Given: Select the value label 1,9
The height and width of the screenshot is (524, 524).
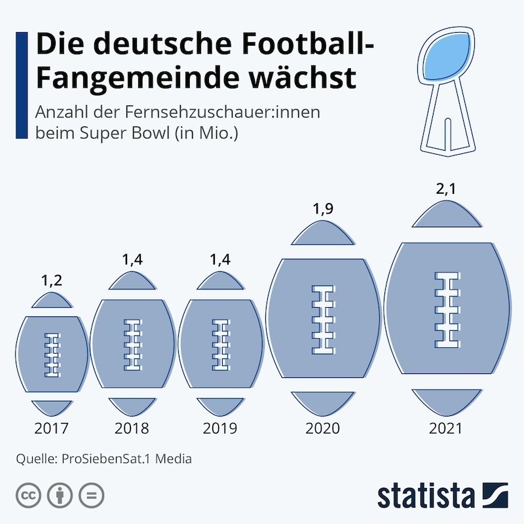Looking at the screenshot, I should (x=322, y=210).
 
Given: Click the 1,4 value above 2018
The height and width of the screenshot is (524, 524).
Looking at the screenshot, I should (x=132, y=260).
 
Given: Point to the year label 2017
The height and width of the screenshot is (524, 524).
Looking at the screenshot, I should (x=51, y=429).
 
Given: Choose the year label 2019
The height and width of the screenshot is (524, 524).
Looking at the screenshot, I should (x=220, y=429).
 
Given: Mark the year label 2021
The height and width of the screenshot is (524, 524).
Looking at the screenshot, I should (x=445, y=429).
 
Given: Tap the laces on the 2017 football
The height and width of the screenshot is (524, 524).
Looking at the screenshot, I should (x=51, y=354).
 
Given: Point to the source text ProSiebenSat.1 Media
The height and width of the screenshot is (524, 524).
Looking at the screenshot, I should (x=126, y=458).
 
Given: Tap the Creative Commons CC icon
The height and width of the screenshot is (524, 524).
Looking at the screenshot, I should (x=27, y=494).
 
